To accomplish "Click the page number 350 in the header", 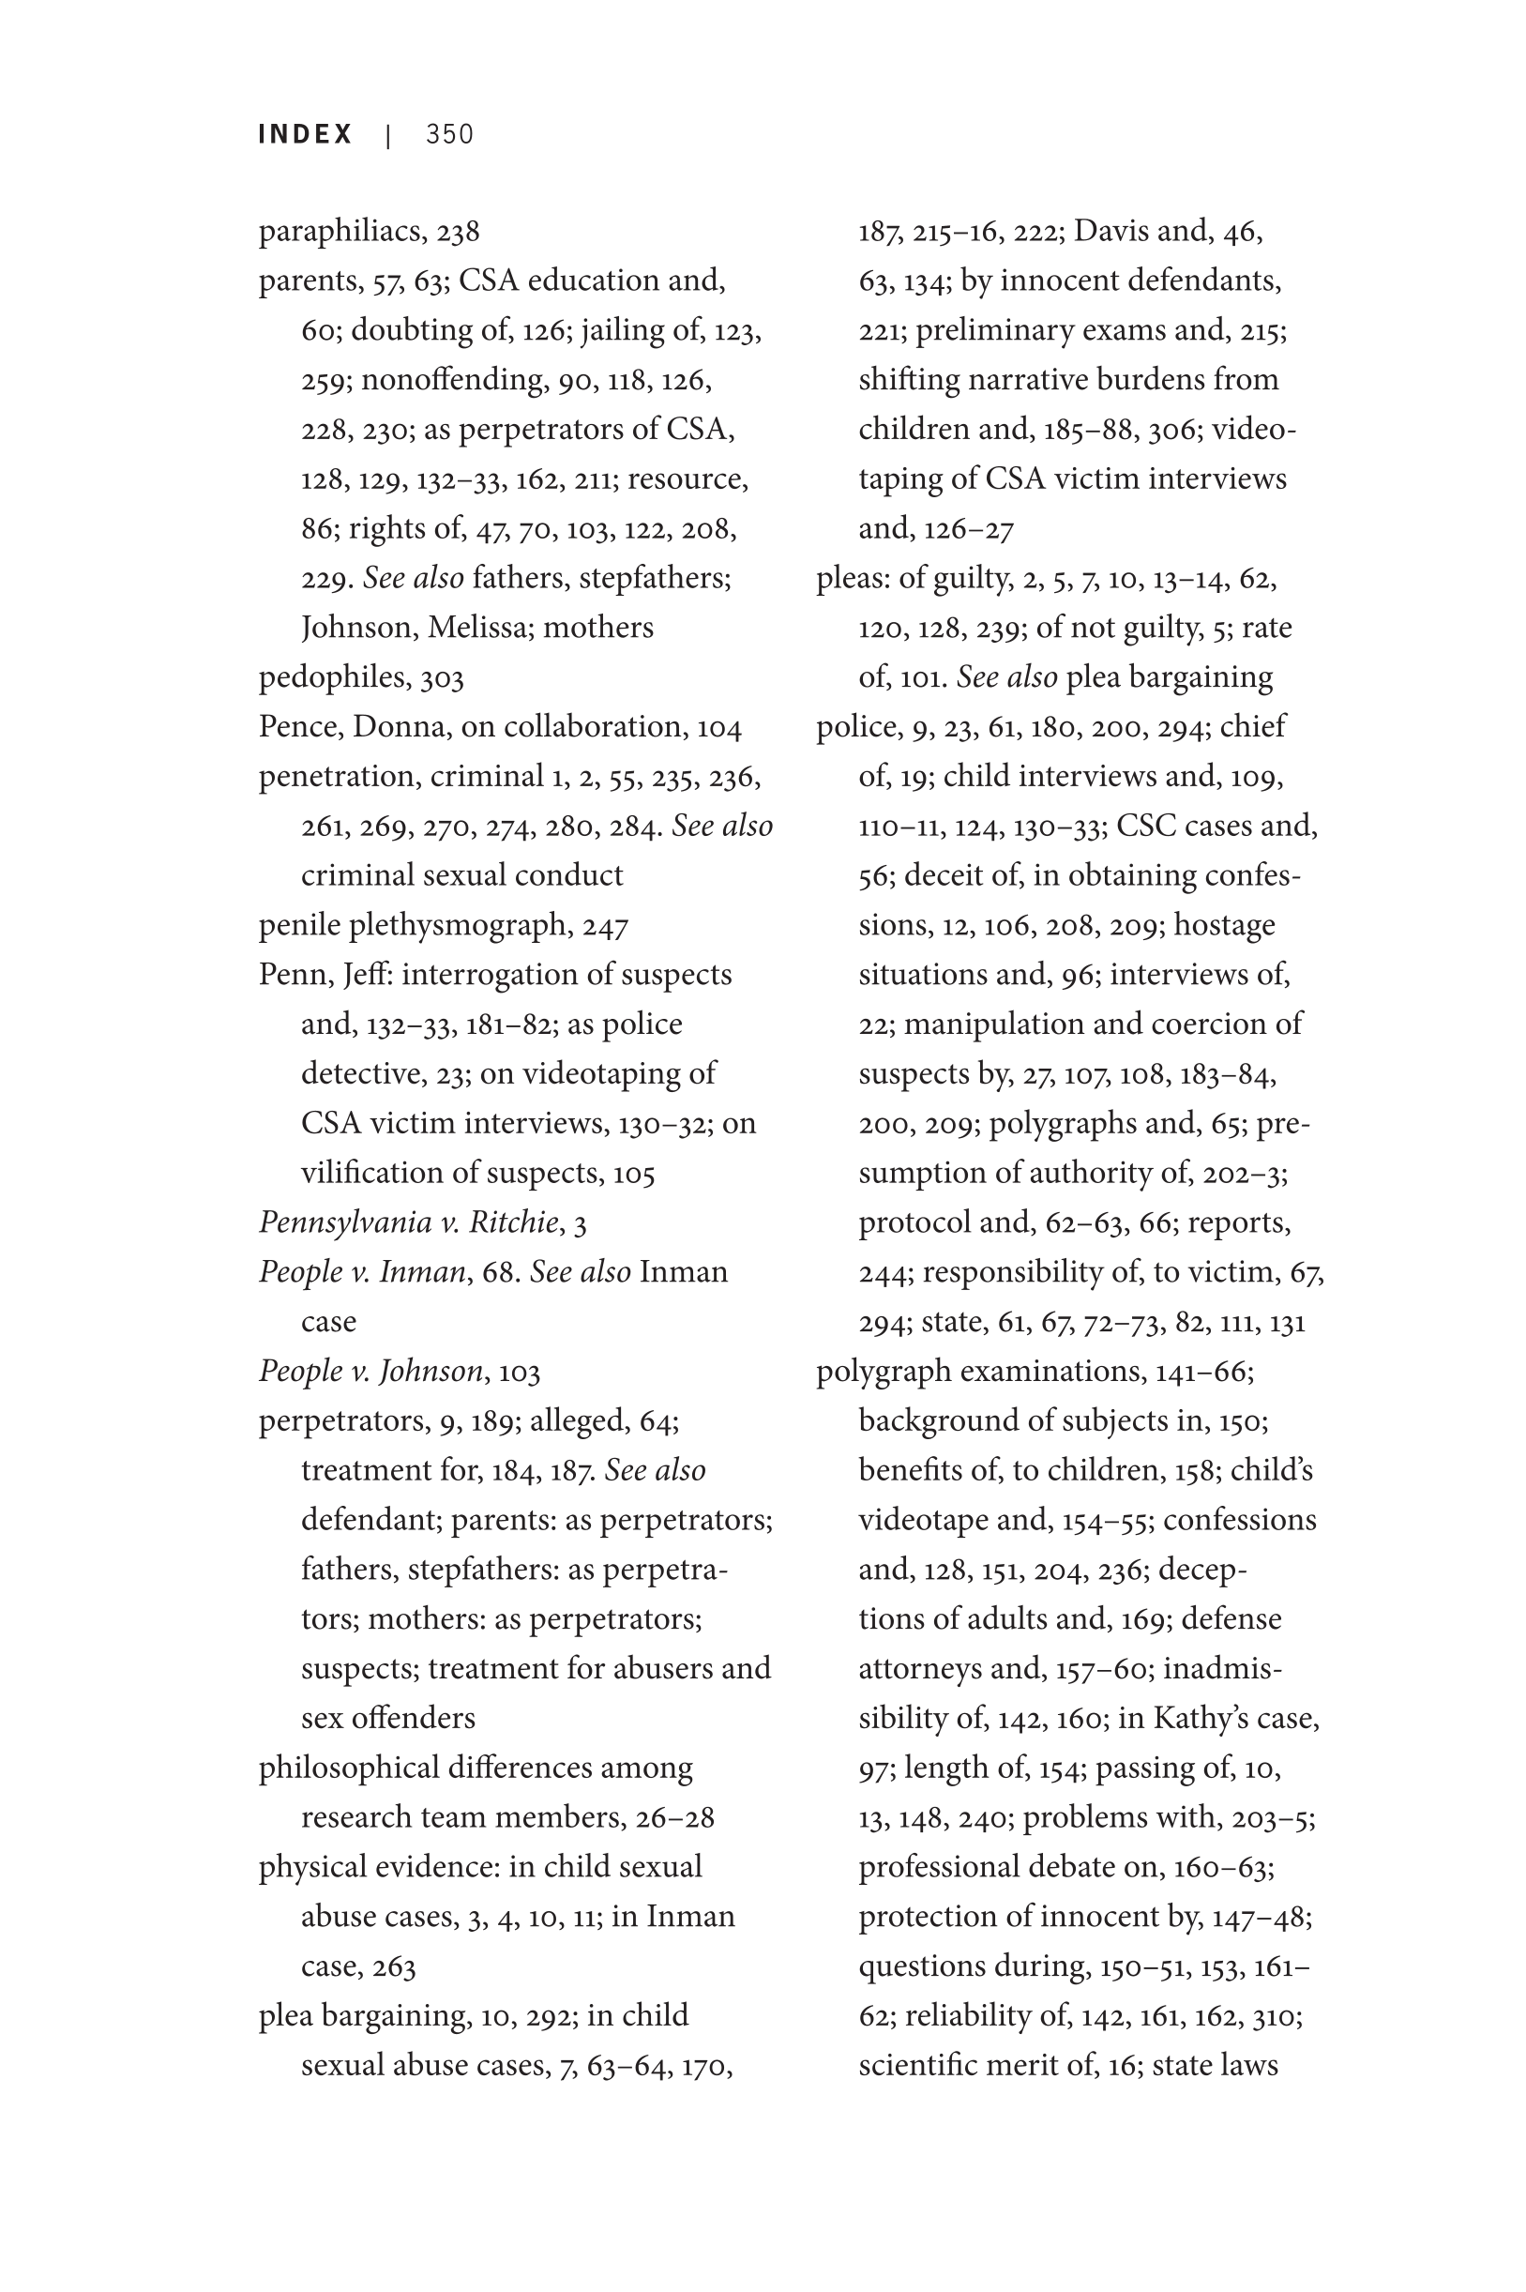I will [449, 134].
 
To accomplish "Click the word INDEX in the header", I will [306, 134].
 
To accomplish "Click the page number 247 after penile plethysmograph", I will [605, 926].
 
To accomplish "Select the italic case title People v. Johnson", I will [370, 1372].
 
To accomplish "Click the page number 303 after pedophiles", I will [442, 677].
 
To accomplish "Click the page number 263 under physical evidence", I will [393, 1967].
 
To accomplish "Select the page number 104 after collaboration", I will [719, 727].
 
